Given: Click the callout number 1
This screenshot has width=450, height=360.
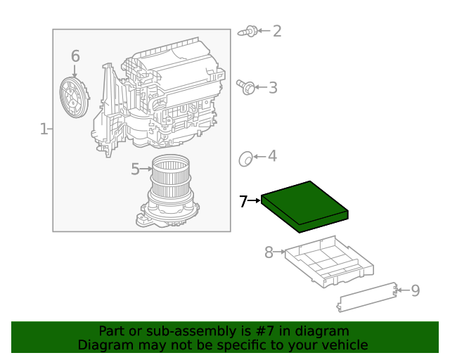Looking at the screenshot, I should (x=44, y=129).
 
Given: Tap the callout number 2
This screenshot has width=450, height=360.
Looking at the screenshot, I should (x=277, y=31).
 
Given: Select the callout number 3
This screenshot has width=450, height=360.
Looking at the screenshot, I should (x=273, y=88).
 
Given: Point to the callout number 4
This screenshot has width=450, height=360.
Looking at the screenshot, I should (x=272, y=157).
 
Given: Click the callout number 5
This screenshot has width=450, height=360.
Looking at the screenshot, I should (x=135, y=169).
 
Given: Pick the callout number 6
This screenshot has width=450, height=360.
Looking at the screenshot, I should (x=75, y=56).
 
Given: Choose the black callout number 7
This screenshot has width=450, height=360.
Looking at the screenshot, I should (x=243, y=202).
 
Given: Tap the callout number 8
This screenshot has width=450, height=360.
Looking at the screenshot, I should (x=269, y=252).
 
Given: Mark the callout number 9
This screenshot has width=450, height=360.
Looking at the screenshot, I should (x=415, y=290).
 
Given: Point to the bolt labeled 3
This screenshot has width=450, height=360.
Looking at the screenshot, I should (x=245, y=87).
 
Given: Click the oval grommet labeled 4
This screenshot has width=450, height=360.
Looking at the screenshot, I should (x=245, y=159).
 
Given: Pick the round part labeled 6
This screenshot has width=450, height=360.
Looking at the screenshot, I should (x=74, y=96).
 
